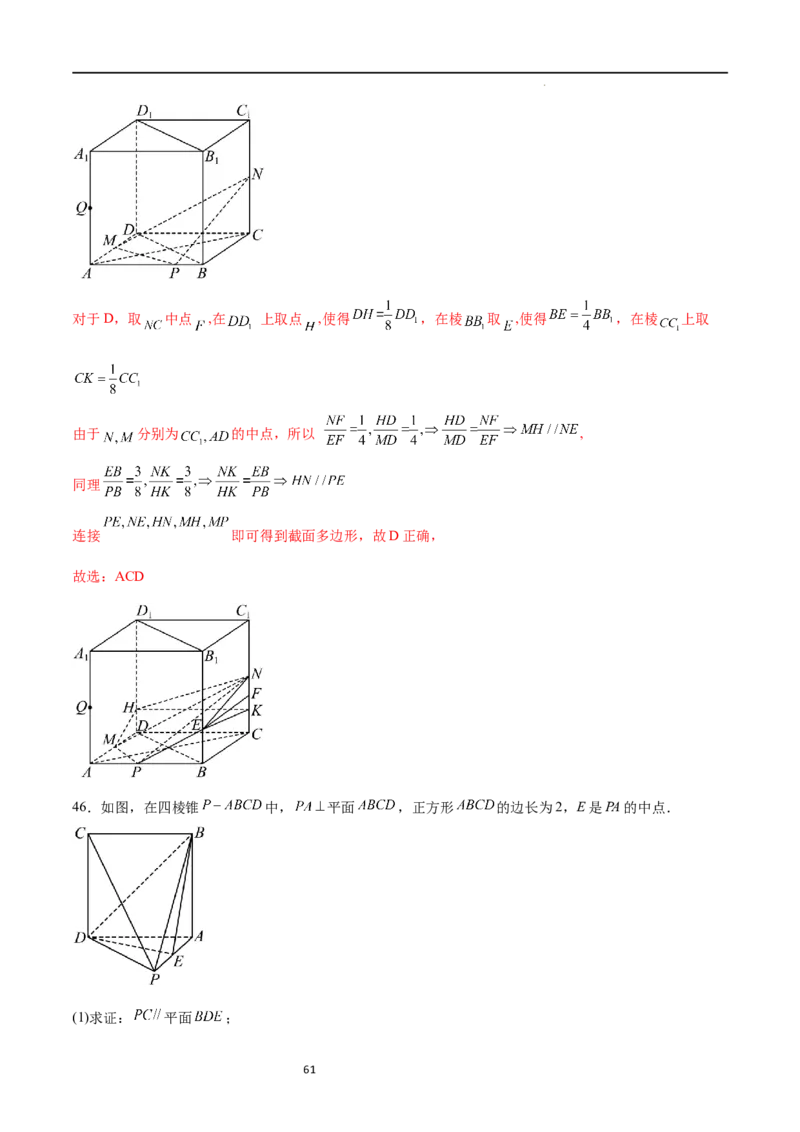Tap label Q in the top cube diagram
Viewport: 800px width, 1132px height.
(x=79, y=208)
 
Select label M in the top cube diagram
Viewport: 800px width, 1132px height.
(x=109, y=240)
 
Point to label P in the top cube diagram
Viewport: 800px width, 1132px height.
(x=174, y=273)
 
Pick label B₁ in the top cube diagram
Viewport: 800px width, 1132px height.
(x=211, y=157)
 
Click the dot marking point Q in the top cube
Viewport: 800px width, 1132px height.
(x=90, y=208)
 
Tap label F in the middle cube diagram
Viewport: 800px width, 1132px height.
(x=257, y=692)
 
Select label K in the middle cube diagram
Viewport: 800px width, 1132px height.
(x=257, y=710)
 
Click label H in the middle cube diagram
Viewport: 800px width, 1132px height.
(x=128, y=709)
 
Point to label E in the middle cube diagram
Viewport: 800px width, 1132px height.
(x=197, y=723)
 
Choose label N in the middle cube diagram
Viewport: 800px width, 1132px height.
(x=257, y=674)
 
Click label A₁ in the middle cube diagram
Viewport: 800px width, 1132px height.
(x=80, y=656)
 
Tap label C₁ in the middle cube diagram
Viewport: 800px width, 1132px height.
(x=242, y=611)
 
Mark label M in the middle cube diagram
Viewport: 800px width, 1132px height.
(x=109, y=739)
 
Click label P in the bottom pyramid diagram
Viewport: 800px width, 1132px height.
(x=154, y=980)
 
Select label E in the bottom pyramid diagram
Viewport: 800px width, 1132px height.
(x=179, y=961)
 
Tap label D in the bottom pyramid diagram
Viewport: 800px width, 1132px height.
(x=79, y=937)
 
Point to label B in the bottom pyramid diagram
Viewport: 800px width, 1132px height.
(x=200, y=833)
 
